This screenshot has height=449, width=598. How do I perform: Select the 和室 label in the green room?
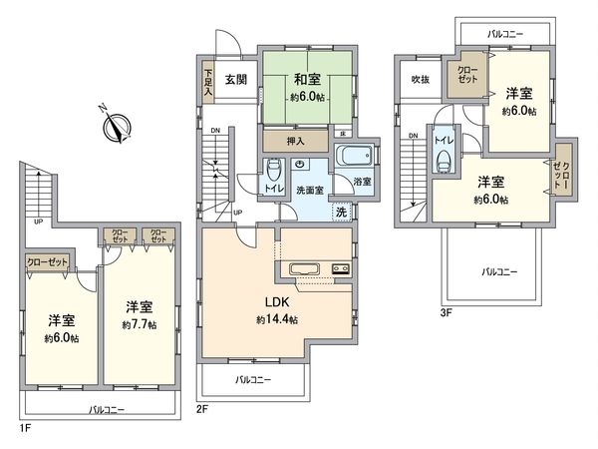pos(306,83)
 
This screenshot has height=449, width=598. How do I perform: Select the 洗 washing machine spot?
pos(341,212)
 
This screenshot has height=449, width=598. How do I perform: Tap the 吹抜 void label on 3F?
pos(420,80)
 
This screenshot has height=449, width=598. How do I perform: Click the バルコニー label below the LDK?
pos(254,379)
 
